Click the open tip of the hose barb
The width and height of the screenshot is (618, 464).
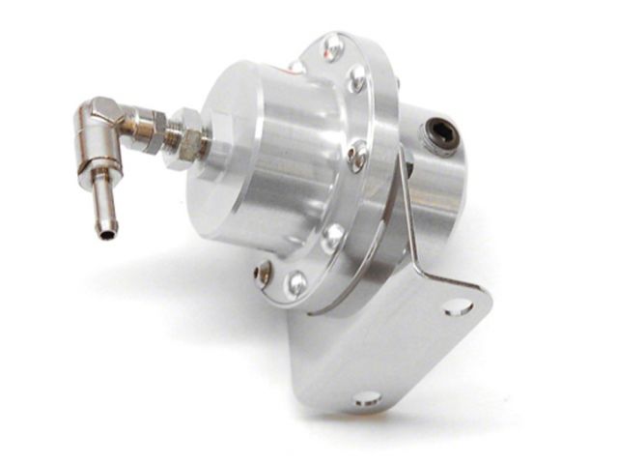pyautogui.click(x=101, y=232)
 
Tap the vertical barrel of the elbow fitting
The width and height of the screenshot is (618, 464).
pyautogui.click(x=98, y=145)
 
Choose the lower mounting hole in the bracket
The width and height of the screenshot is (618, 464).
pyautogui.click(x=367, y=397)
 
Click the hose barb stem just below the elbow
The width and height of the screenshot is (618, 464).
pyautogui.click(x=100, y=198)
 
